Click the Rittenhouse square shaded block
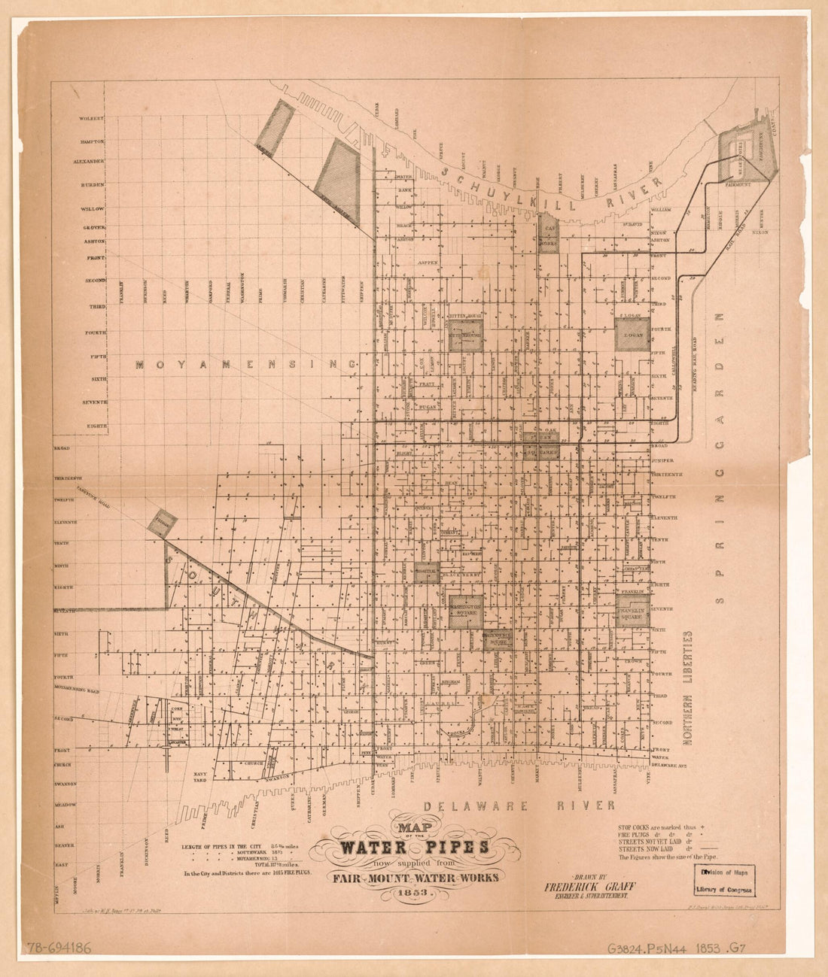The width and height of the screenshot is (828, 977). pyautogui.click(x=465, y=335)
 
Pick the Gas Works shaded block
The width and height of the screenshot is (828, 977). pyautogui.click(x=549, y=233)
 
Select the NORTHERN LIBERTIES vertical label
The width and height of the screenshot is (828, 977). pyautogui.click(x=688, y=688)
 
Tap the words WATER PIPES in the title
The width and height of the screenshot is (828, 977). pyautogui.click(x=415, y=848)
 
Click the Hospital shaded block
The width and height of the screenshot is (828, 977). pyautogui.click(x=427, y=573)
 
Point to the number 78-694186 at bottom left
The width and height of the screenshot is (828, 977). pyautogui.click(x=59, y=948)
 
